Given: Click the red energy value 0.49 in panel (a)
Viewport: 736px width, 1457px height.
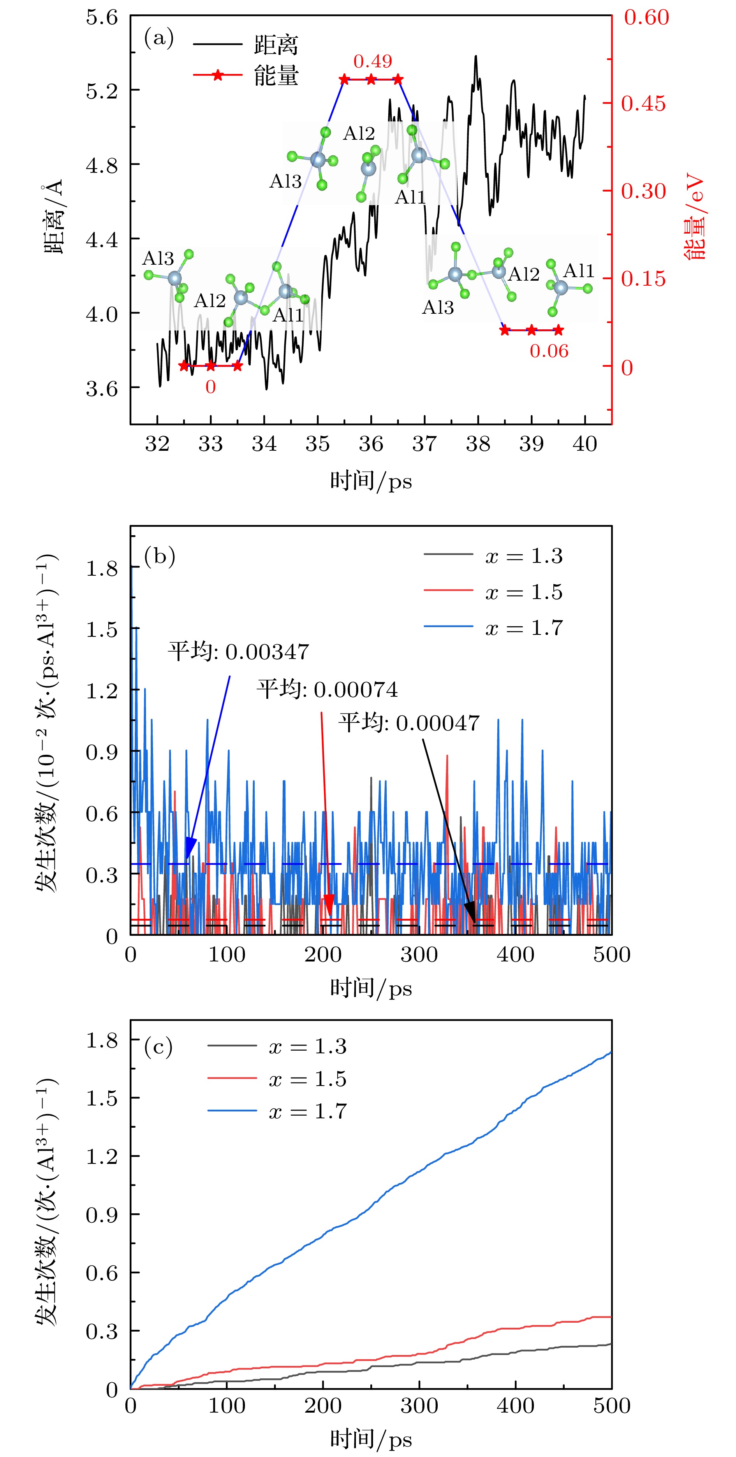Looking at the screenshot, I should pyautogui.click(x=372, y=61).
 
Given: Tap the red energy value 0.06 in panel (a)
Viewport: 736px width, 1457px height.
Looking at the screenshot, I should pyautogui.click(x=549, y=351).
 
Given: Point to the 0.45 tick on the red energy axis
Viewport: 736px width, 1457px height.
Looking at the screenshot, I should pyautogui.click(x=644, y=104).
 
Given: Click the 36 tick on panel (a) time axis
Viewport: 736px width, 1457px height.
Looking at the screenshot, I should pyautogui.click(x=371, y=444).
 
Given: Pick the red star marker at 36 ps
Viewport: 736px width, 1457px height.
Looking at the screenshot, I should pyautogui.click(x=371, y=80).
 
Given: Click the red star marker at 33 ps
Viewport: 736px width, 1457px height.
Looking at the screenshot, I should pyautogui.click(x=210, y=366).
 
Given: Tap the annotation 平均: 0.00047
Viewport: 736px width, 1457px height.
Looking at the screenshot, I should pyautogui.click(x=409, y=723).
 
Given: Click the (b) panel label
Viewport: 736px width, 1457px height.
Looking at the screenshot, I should pyautogui.click(x=160, y=557).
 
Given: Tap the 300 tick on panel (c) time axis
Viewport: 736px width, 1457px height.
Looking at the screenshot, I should pyautogui.click(x=419, y=1406).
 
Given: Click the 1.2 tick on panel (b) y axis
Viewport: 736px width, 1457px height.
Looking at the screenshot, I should pyautogui.click(x=102, y=691).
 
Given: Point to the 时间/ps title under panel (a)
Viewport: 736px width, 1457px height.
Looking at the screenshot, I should pyautogui.click(x=371, y=482).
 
